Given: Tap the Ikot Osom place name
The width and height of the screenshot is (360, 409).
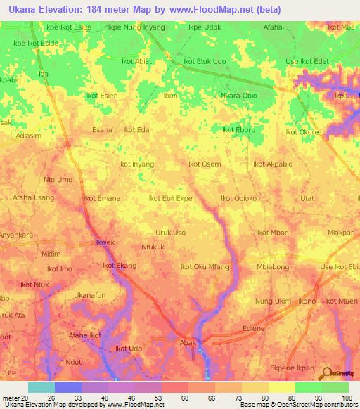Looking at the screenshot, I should pyautogui.click(x=205, y=164).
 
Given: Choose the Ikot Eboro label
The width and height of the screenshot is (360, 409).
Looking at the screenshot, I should pyautogui.click(x=238, y=130).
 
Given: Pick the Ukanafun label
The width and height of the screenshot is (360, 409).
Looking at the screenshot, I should pyautogui.click(x=90, y=295).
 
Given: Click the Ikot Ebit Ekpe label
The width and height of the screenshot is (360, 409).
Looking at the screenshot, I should pyautogui.click(x=171, y=199).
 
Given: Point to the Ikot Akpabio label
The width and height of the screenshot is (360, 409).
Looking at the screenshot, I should pyautogui.click(x=271, y=164).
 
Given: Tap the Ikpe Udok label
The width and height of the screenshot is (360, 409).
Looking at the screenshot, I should pyautogui.click(x=205, y=27).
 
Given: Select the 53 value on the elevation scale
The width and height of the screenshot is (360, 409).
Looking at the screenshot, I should pyautogui.click(x=148, y=398).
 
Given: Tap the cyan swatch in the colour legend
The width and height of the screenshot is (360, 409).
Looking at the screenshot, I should pyautogui.click(x=41, y=387).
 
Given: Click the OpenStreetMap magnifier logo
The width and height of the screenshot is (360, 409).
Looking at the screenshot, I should pyautogui.click(x=326, y=373).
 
